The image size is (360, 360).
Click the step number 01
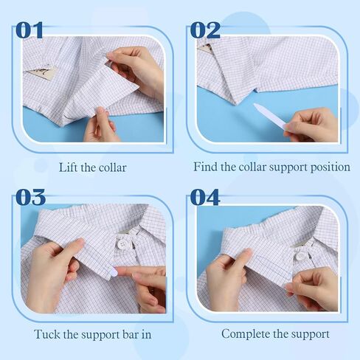30,30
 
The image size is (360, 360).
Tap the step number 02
205,30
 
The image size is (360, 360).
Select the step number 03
30,197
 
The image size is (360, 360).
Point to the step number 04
205,197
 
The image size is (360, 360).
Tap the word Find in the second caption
205,167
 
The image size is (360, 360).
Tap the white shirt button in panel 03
122,244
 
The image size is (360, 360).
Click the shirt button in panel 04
300,256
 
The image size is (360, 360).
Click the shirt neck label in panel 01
41,74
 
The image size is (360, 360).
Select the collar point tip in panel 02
236,105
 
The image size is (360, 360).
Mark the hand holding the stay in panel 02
311,125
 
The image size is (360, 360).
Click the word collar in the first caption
113,167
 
